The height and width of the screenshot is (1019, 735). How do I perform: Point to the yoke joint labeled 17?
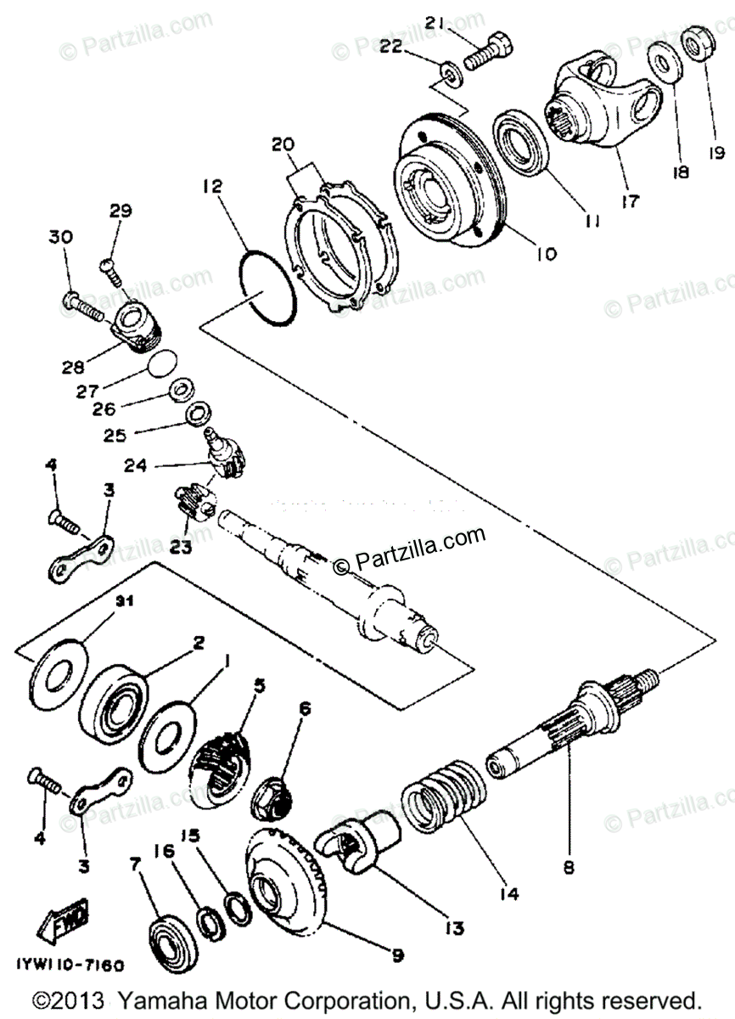pos(603,102)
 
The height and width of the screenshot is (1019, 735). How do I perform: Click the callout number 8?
pos(568,868)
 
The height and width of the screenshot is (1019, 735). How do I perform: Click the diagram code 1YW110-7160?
pos(70,966)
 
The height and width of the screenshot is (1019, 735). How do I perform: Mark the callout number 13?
pos(454,928)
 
